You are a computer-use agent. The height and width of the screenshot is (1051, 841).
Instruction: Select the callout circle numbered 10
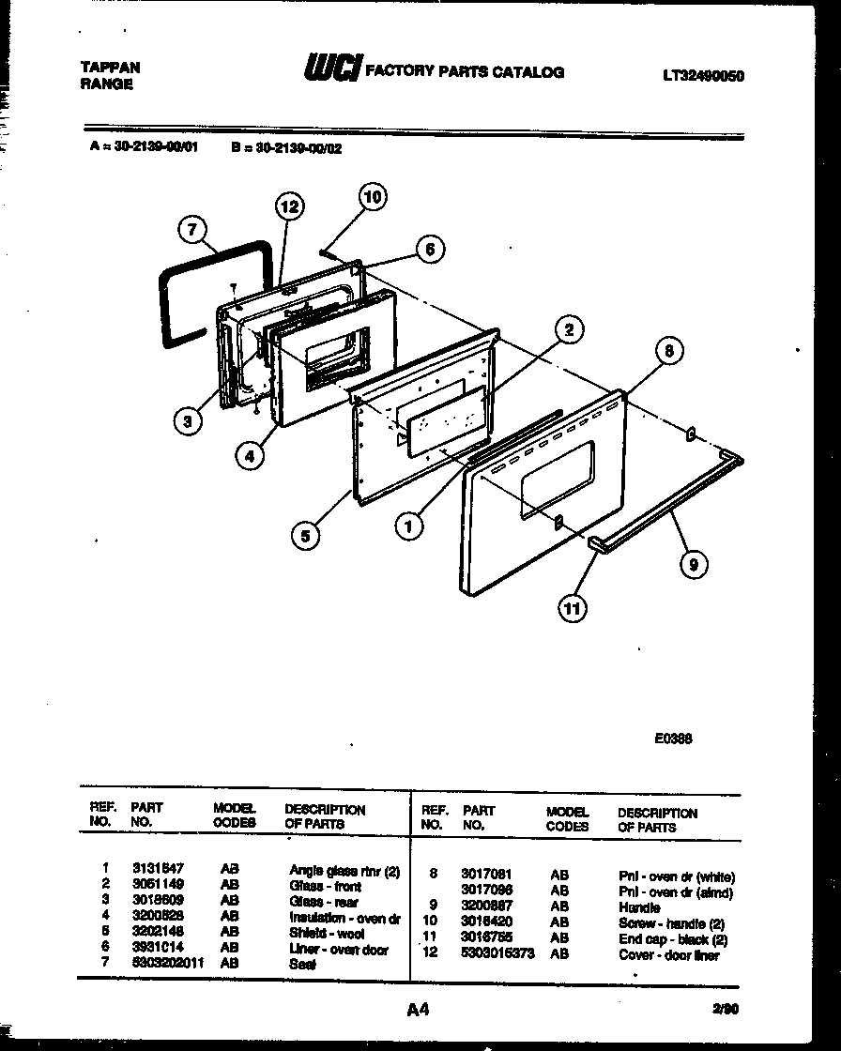coord(373,197)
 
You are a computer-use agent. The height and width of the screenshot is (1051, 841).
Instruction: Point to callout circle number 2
coord(568,328)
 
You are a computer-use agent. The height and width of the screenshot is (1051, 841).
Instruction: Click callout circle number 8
coord(667,351)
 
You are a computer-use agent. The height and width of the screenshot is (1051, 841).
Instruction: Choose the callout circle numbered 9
coord(693,563)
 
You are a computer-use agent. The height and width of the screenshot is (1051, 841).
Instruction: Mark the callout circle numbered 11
coord(572,609)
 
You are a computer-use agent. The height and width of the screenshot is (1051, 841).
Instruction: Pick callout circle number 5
coord(304,536)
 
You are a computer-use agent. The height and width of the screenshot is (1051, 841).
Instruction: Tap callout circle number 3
coord(189,421)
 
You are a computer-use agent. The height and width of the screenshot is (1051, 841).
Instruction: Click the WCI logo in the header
coord(331,69)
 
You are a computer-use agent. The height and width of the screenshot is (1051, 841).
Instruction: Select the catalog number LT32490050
coord(702,76)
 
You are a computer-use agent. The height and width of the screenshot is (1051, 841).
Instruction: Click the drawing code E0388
coord(673,739)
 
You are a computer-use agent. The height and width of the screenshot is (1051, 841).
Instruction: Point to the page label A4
coord(418,1010)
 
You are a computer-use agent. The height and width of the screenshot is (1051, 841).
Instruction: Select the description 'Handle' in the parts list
coord(638,908)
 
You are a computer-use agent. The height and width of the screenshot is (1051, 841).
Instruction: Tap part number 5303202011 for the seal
coord(168,963)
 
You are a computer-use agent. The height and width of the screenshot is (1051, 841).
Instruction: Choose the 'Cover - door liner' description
coord(668,955)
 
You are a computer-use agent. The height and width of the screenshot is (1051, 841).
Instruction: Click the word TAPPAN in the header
coord(110,68)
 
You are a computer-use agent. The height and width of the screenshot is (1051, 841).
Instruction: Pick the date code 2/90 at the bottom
coord(726,1010)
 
